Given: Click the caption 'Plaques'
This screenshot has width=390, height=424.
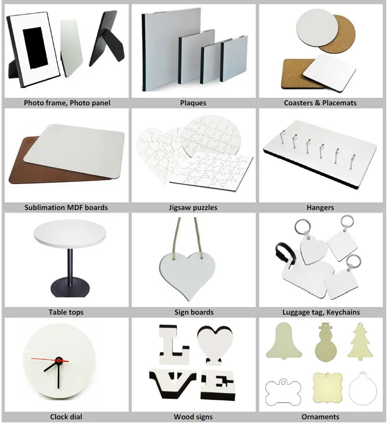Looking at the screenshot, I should click(x=193, y=103).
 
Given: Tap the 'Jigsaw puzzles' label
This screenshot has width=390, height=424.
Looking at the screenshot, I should click(x=193, y=208).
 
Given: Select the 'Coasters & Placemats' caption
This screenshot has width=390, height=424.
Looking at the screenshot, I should click(x=320, y=103).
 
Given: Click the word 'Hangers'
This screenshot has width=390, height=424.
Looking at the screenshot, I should click(x=320, y=208).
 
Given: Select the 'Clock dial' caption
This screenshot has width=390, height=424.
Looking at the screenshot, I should click(x=66, y=417).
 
